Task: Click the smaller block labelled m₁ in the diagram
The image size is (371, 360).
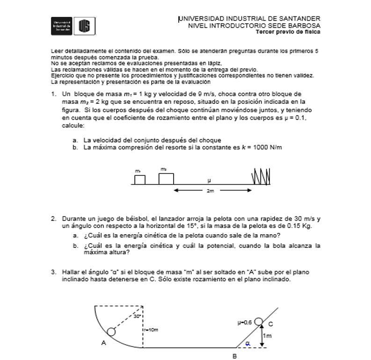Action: (139, 180)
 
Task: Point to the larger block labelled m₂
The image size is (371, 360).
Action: (166, 178)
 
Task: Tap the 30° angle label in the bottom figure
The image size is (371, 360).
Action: (137, 316)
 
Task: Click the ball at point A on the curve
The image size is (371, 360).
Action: (111, 331)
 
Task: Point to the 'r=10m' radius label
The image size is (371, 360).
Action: (151, 330)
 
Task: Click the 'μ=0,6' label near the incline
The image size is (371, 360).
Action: (245, 322)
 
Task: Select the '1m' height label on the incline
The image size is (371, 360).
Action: (267, 336)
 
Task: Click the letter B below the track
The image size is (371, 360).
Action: (234, 356)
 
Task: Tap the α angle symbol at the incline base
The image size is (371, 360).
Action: (248, 344)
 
